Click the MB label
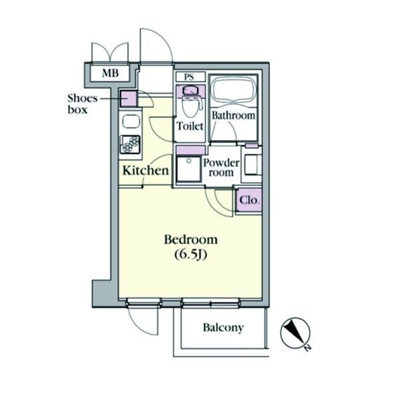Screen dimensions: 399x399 pyautogui.click(x=110, y=73)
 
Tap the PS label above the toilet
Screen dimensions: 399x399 pyautogui.click(x=189, y=77)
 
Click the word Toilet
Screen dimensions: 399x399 pyautogui.click(x=190, y=126)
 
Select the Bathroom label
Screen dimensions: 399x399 pyautogui.click(x=233, y=116)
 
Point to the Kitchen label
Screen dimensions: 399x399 pyautogui.click(x=146, y=170)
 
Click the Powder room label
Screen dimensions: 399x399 pyautogui.click(x=221, y=168)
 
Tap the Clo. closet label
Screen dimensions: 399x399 pyautogui.click(x=249, y=201)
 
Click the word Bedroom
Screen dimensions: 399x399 pyautogui.click(x=191, y=239)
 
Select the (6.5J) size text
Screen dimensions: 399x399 pyautogui.click(x=191, y=255)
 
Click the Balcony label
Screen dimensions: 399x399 pyautogui.click(x=223, y=328)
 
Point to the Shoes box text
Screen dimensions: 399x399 pyautogui.click(x=82, y=104)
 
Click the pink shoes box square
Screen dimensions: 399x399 pyautogui.click(x=128, y=98)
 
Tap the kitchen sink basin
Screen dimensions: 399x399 pyautogui.click(x=131, y=122)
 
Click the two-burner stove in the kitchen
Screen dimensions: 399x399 pyautogui.click(x=130, y=144)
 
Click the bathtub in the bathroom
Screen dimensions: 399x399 pyautogui.click(x=233, y=89)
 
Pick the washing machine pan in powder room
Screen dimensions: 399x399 pyautogui.click(x=189, y=169)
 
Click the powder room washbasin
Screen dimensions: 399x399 pyautogui.click(x=251, y=165)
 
